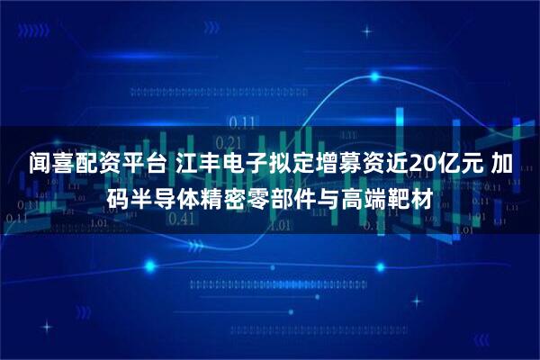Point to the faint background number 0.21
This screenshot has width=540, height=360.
point(230,141)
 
